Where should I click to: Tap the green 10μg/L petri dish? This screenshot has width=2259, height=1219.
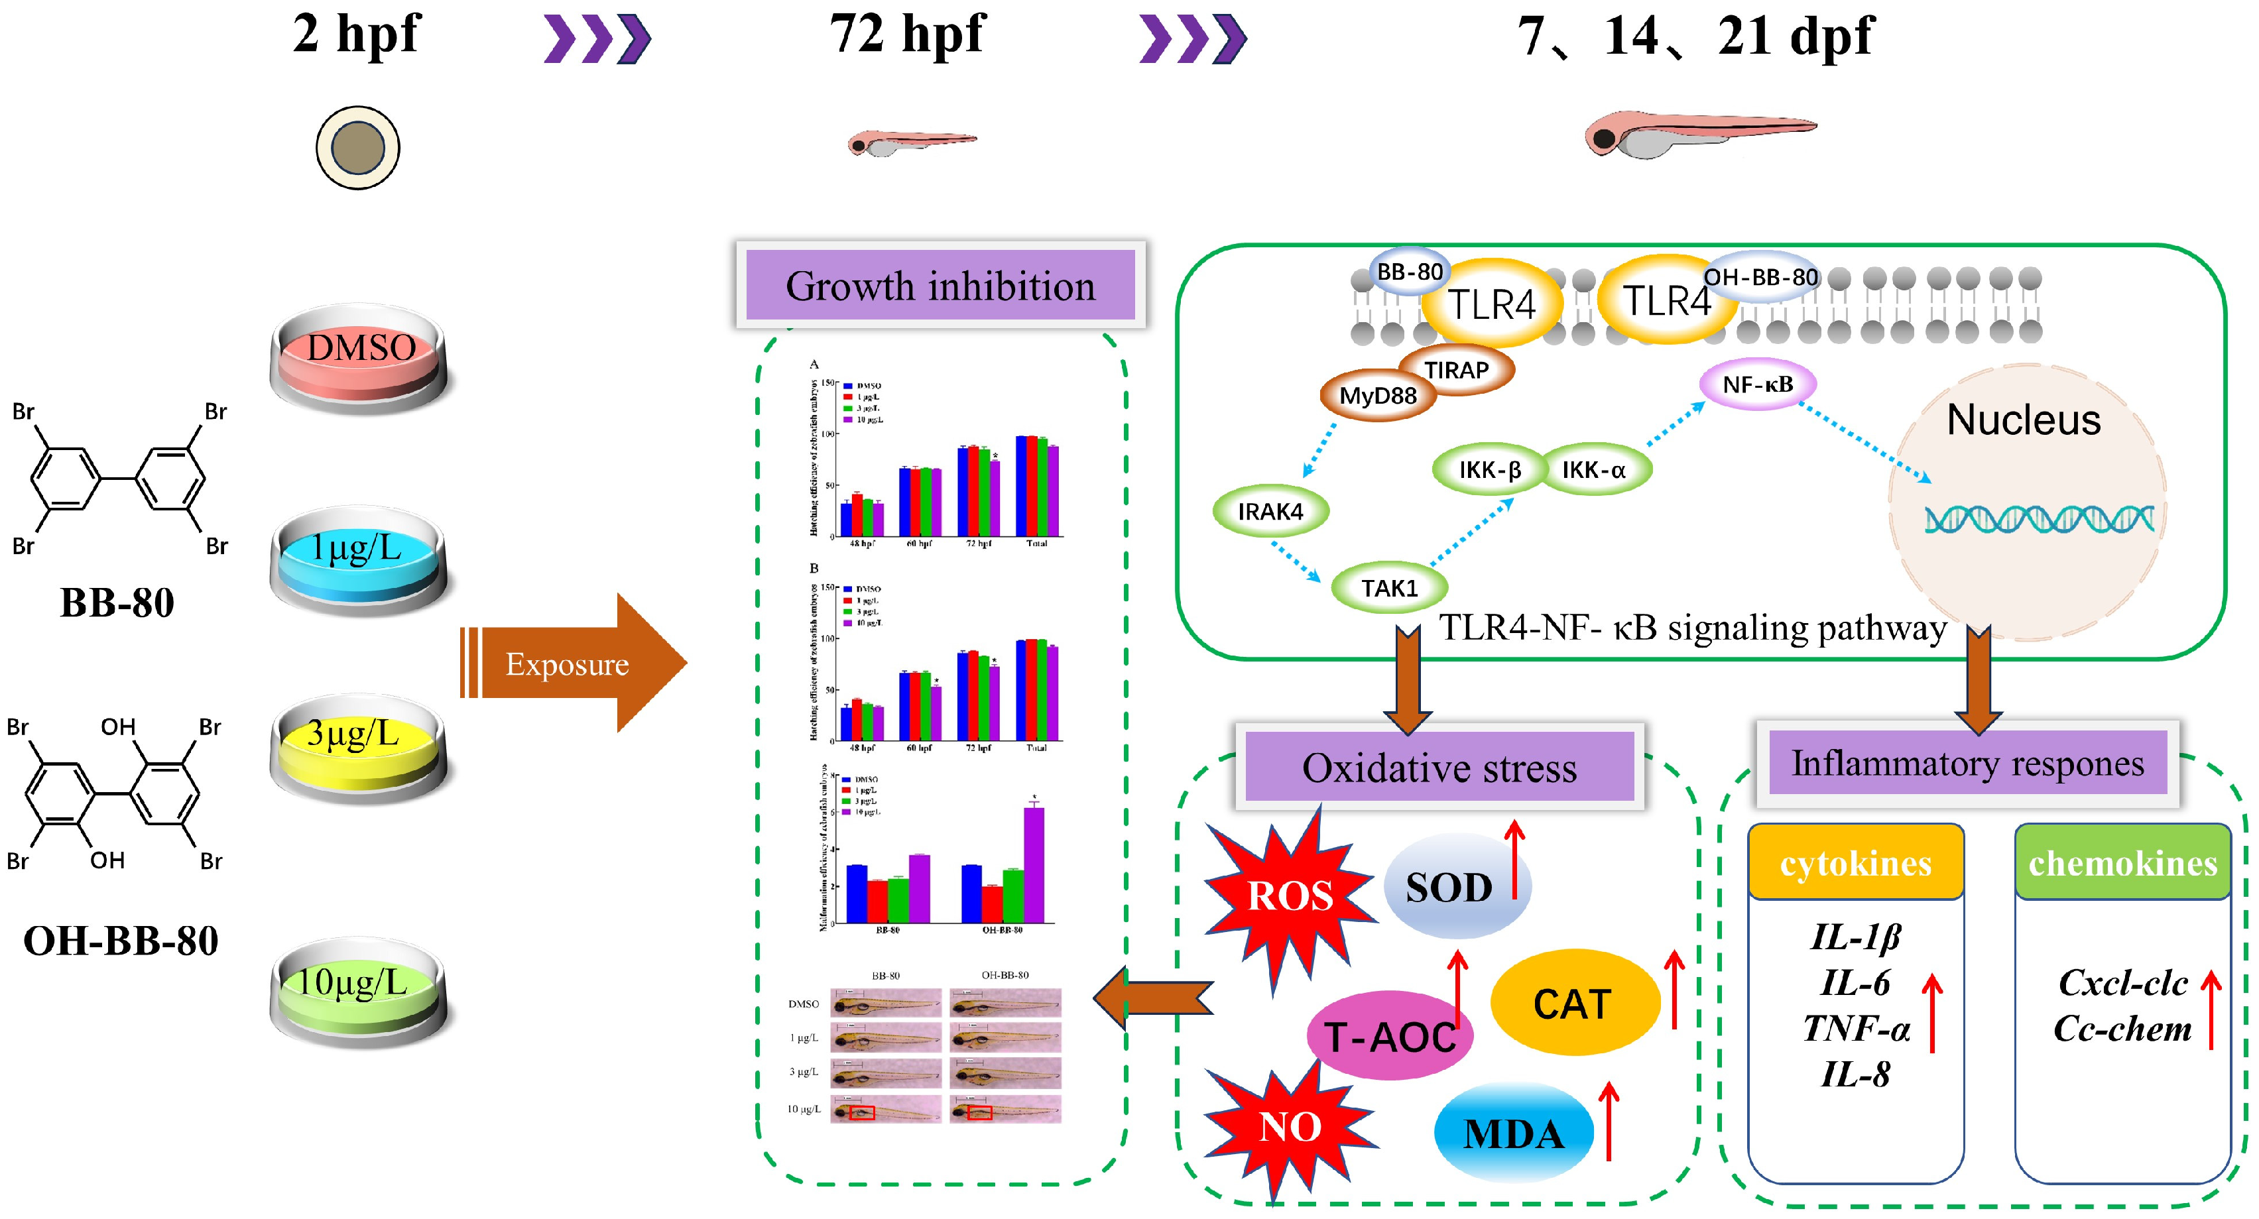359,992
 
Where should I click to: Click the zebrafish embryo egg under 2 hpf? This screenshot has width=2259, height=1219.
358,147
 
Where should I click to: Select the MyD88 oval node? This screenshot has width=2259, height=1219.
1378,396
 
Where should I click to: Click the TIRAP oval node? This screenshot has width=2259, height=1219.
1457,370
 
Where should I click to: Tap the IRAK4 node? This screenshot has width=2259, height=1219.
1270,511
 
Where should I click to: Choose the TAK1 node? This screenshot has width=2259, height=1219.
1389,587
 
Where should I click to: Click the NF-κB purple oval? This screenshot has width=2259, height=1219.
1757,384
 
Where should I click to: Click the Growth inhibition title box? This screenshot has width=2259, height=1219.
940,285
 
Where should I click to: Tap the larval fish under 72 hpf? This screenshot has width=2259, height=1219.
912,142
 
